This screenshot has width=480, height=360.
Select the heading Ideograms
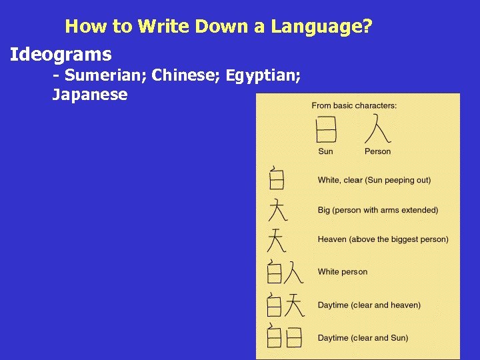coord(61,54)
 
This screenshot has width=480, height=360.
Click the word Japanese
coord(89,95)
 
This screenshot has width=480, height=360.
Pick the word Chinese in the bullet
coord(187,75)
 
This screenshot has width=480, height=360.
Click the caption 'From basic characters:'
coord(354,105)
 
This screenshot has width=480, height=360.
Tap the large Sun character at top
coord(325,130)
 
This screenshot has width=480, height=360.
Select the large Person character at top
coord(377,129)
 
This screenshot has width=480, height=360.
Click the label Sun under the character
coord(325,151)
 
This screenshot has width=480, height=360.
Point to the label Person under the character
coord(377,151)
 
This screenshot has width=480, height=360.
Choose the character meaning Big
coord(277,210)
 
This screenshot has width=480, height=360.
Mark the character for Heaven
coord(277,240)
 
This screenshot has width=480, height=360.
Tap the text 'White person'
coord(342,272)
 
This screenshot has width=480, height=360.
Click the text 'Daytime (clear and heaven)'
coord(369,305)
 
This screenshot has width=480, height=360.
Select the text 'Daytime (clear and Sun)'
coord(363,338)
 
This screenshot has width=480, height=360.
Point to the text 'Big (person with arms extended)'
coord(377,210)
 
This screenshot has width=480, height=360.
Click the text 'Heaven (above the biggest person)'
coord(383,239)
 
